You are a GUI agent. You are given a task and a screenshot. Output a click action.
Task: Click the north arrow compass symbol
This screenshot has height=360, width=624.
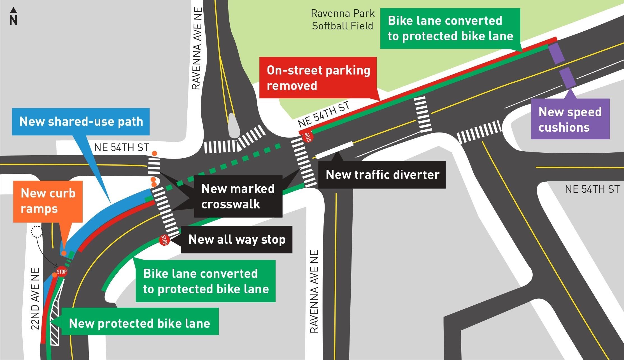pyautogui.click(x=13, y=16)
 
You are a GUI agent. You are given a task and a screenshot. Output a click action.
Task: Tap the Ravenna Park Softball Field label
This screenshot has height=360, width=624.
pyautogui.click(x=343, y=20)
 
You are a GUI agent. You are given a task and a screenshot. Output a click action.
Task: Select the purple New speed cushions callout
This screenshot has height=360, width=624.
pyautogui.click(x=570, y=119)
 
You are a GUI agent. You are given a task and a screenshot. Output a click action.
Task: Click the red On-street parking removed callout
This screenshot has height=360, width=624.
pyautogui.click(x=318, y=78)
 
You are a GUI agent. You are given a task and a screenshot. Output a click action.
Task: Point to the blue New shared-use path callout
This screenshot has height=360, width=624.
pyautogui.click(x=81, y=122)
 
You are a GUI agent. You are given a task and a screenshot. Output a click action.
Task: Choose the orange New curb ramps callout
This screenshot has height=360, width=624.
pyautogui.click(x=48, y=201)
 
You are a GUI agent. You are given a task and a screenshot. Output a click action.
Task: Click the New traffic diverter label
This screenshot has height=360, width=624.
pyautogui.click(x=382, y=175)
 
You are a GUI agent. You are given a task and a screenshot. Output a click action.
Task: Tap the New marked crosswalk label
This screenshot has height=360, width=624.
pyautogui.click(x=238, y=196)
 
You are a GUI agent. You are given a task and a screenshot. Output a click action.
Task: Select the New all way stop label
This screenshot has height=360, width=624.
pyautogui.click(x=237, y=240)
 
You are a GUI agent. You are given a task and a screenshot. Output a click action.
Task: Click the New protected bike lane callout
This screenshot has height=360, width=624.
pyautogui.click(x=139, y=323)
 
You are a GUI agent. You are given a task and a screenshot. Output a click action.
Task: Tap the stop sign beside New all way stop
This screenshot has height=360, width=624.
pyautogui.click(x=164, y=240)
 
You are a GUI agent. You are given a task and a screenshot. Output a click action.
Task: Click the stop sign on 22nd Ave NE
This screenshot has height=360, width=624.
pyautogui.click(x=62, y=271)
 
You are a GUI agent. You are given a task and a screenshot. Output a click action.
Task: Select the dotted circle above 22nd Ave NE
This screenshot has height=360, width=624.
pyautogui.click(x=37, y=231)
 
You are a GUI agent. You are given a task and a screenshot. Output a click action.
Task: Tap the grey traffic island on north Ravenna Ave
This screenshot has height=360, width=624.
pyautogui.click(x=234, y=126)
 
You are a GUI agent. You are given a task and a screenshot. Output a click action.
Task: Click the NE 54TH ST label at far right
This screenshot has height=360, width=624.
pyautogui.click(x=592, y=189)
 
